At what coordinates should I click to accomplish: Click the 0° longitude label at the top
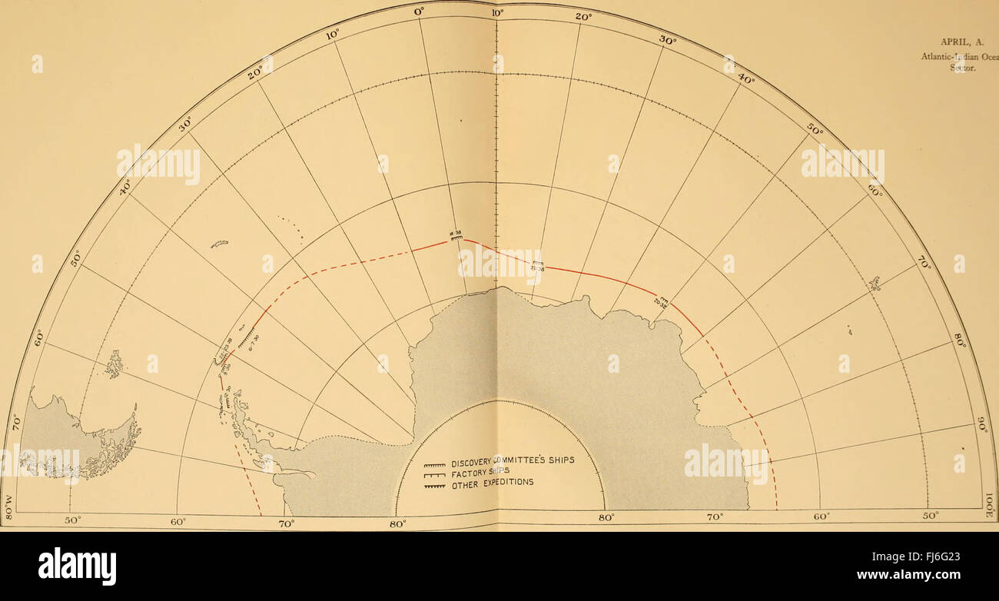(419, 12)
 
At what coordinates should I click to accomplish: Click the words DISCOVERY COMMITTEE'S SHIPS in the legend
(513, 460)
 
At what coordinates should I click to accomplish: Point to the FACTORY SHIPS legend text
(480, 473)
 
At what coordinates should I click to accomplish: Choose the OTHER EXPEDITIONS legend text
(493, 484)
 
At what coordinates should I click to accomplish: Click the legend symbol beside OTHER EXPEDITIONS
(435, 486)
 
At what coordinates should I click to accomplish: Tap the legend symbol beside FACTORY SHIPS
(435, 475)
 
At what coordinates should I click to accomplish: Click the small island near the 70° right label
(874, 284)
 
